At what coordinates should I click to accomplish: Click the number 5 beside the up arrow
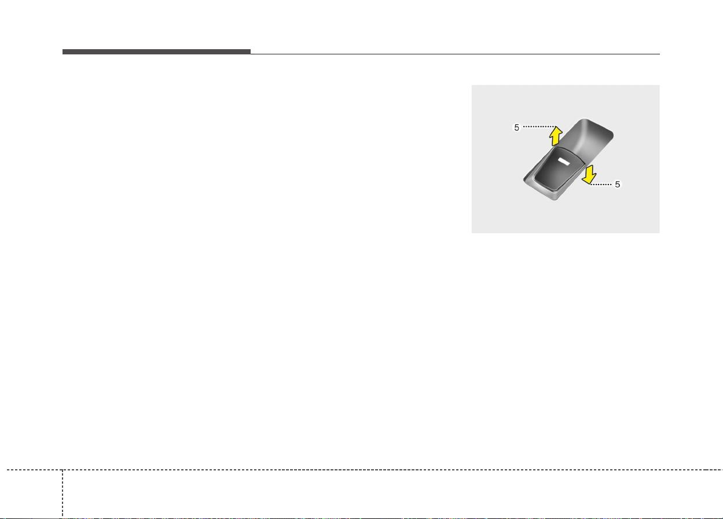[516, 128]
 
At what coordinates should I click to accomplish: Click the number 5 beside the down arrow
[617, 185]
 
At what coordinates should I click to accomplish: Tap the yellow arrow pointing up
[556, 136]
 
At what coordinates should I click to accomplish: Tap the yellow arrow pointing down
[589, 175]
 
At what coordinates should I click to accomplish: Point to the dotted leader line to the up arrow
[539, 127]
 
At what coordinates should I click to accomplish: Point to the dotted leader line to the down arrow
[601, 185]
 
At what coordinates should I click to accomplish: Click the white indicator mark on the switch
[564, 161]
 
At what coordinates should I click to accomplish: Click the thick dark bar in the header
[156, 51]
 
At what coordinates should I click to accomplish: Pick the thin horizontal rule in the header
[455, 54]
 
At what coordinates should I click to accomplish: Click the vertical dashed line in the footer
[63, 494]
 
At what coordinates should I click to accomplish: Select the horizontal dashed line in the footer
[365, 470]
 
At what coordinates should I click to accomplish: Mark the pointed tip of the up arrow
[556, 126]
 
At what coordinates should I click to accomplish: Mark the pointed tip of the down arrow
[589, 185]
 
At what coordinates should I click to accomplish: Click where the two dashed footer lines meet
[63, 470]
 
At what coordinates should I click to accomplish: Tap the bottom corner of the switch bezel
[555, 200]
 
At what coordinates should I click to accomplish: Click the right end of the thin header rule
[660, 54]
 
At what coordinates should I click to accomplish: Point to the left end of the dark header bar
[63, 51]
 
